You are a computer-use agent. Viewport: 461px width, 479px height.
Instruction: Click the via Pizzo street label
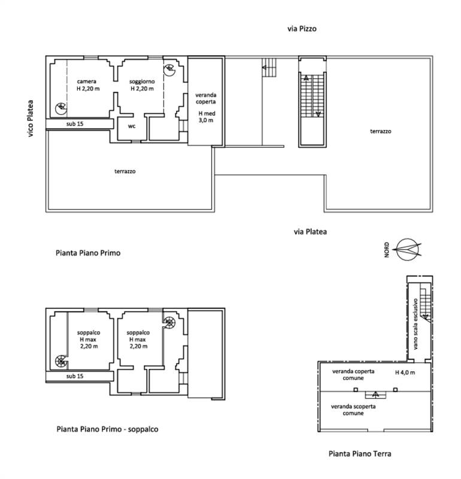coord(302,29)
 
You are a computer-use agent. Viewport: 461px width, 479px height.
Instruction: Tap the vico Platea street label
coord(31,119)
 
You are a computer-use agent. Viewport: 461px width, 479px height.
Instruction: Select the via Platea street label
coord(310,232)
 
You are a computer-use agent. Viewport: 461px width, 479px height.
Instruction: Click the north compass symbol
coord(408,250)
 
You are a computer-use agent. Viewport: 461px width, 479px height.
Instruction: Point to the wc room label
coord(132,126)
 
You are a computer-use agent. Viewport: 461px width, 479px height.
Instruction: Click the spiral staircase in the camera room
coord(61,108)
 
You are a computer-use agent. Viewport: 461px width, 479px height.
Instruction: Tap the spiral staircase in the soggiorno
coord(169,70)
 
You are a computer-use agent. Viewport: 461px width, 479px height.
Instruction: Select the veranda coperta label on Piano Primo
coord(206,98)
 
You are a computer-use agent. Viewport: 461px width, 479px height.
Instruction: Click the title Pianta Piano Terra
coord(360,454)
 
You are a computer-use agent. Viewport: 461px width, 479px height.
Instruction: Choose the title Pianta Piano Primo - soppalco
coord(107,429)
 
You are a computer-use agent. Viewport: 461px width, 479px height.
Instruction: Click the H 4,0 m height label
coord(405,372)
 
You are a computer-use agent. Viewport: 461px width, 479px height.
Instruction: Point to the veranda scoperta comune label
coord(353,410)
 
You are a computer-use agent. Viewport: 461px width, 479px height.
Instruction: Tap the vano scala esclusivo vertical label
coord(415,324)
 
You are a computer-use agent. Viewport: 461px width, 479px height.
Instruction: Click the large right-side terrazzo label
coord(381,131)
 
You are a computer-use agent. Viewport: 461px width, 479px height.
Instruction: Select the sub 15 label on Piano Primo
coord(75,124)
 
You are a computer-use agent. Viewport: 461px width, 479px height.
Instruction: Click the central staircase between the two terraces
coord(313,96)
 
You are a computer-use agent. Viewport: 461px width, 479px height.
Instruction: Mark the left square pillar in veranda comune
coord(356,390)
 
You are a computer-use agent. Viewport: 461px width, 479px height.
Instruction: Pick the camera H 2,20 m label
coord(88,85)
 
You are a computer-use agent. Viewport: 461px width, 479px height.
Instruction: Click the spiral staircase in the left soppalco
coord(61,361)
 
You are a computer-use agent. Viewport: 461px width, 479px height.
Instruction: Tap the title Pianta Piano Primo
coord(88,253)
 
